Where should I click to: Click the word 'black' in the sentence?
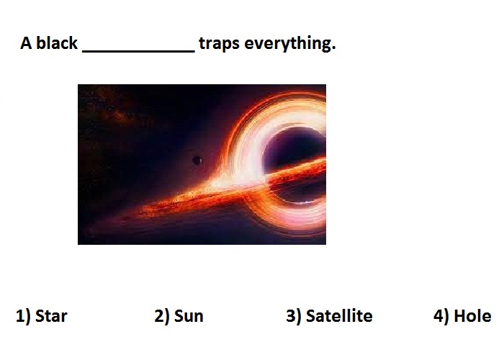tap(57, 42)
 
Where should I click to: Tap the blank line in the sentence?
tap(138, 50)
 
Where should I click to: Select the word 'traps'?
tap(219, 44)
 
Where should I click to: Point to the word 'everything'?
tap(287, 44)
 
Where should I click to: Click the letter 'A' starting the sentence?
tap(26, 43)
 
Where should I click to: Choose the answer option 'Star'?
tap(51, 315)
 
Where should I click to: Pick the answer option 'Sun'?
tap(189, 315)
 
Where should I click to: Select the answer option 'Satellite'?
tap(339, 315)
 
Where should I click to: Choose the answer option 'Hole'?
tap(472, 315)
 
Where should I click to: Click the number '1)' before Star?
tap(23, 316)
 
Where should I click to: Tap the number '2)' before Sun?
tap(162, 316)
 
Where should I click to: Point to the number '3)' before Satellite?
tap(294, 316)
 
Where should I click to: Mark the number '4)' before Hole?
tap(441, 316)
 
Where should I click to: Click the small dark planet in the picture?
tap(197, 160)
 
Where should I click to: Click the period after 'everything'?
tap(333, 49)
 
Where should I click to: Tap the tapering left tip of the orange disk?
tap(91, 230)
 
